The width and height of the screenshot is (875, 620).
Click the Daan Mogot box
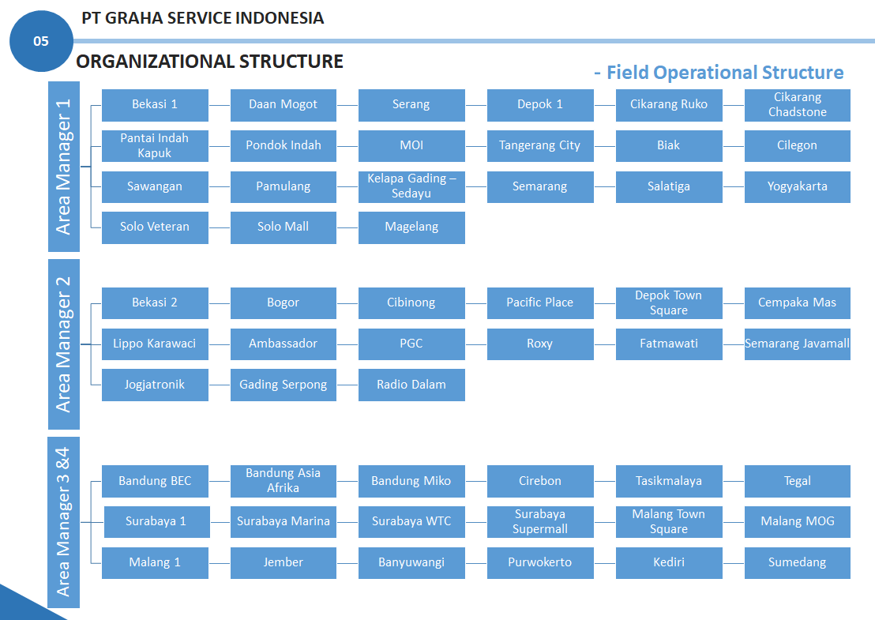coord(283,105)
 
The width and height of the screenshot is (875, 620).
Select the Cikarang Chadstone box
coord(797,105)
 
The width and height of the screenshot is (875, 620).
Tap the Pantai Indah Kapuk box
coord(155,145)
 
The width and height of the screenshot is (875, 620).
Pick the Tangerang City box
coord(539,145)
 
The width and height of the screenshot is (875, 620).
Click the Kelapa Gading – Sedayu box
coord(411,186)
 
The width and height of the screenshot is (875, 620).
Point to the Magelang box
coord(411,227)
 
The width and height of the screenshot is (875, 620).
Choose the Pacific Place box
coord(539,303)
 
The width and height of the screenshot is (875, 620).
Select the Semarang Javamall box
coord(797,344)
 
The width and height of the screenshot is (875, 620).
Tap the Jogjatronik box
coord(155,385)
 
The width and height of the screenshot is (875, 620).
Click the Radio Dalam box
coord(411,385)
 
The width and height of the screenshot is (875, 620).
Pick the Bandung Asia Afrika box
coord(283,481)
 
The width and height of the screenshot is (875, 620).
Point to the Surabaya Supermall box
coord(539,522)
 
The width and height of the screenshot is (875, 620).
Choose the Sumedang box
coord(797,562)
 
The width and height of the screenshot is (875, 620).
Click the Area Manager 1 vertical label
coord(64,167)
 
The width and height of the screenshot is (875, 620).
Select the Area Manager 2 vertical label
coord(64,344)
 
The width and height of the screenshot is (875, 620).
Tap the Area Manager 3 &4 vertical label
coord(64,522)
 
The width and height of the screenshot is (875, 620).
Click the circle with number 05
coord(41,41)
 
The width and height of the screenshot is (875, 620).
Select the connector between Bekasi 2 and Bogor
coord(220,303)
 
